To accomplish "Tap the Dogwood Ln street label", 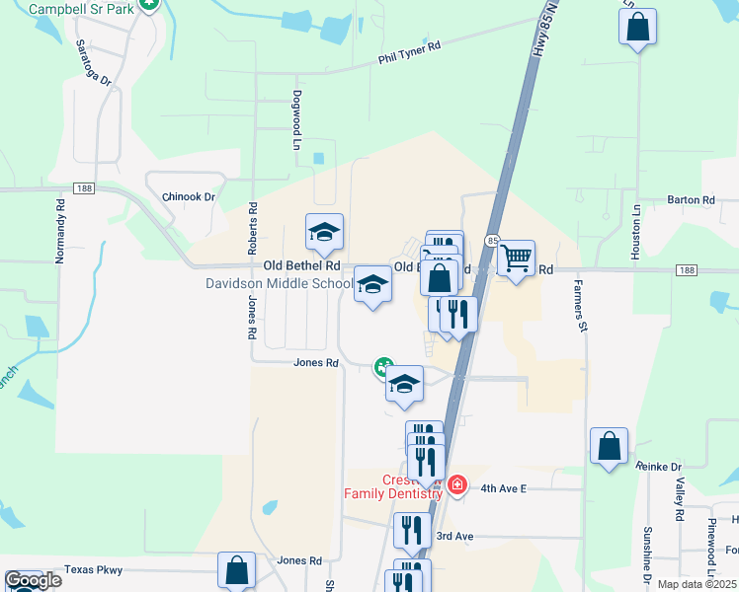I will [295, 120].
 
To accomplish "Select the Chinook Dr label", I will [188, 197].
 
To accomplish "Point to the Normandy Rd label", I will [60, 232].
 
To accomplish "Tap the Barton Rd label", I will [691, 199].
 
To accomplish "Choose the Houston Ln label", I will [637, 232].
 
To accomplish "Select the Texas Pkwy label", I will [93, 570].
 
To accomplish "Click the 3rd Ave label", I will [455, 536].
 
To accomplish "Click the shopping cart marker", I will [516, 259].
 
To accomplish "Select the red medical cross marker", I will [456, 484].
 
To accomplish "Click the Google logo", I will [33, 580].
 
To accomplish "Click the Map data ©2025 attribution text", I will [696, 584].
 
